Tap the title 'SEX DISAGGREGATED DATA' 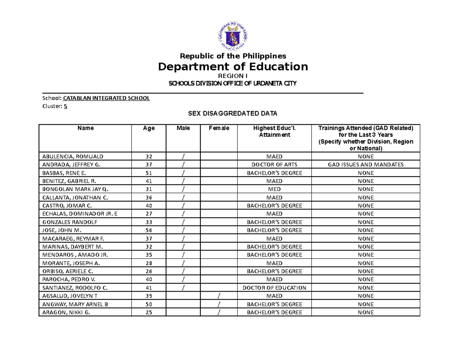[233, 114]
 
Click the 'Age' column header [149, 128]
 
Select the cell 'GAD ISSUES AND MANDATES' [365, 165]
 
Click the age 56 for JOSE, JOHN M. [149, 230]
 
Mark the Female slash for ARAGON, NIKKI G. [219, 313]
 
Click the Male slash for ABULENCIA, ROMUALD [183, 157]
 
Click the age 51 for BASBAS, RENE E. [149, 173]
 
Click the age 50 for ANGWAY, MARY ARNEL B [149, 304]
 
